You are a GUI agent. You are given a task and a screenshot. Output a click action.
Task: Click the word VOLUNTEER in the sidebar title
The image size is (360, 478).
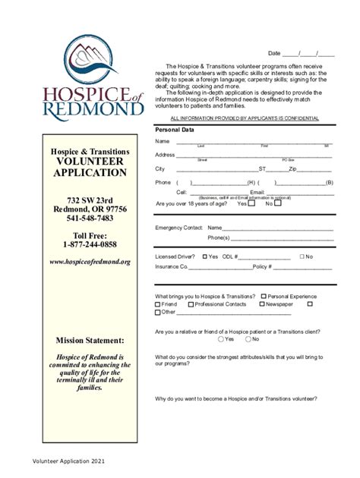pos(90,162)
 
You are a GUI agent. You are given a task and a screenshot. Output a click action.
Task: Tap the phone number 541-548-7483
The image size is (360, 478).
pos(90,219)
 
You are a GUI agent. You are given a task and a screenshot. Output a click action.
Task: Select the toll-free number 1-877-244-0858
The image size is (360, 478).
pos(90,244)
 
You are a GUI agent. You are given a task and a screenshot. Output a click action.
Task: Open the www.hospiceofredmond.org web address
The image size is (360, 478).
pos(90,262)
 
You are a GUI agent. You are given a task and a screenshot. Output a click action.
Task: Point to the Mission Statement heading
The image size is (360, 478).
pos(90,341)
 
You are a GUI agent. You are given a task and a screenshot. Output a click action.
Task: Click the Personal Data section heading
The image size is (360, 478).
pos(175,130)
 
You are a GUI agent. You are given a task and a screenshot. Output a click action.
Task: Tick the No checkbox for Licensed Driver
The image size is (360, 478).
pos(302,256)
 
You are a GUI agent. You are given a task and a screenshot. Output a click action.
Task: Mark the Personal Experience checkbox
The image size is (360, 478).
pos(264,296)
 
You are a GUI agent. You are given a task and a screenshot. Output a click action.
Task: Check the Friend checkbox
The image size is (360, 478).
pos(157,304)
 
